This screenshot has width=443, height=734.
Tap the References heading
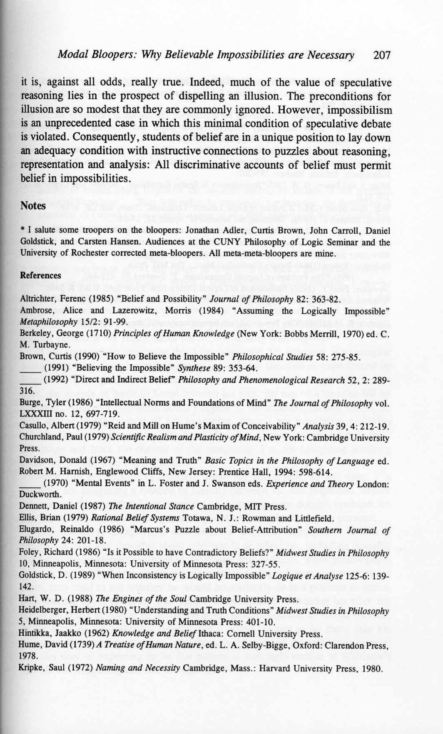[40, 275]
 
